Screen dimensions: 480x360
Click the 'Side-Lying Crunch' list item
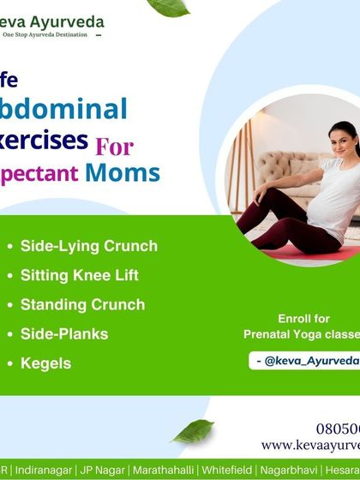pyautogui.click(x=88, y=246)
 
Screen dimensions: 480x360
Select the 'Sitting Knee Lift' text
pyautogui.click(x=79, y=275)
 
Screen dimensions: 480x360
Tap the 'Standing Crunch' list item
pyautogui.click(x=82, y=304)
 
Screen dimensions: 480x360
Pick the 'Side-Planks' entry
pyautogui.click(x=64, y=333)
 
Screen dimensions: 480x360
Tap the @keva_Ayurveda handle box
pyautogui.click(x=306, y=361)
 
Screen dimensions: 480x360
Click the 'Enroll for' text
pyautogui.click(x=304, y=318)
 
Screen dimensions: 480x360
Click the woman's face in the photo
pyautogui.click(x=343, y=139)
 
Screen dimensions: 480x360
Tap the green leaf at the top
pyautogui.click(x=168, y=8)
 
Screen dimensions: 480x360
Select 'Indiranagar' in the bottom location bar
pyautogui.click(x=44, y=470)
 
